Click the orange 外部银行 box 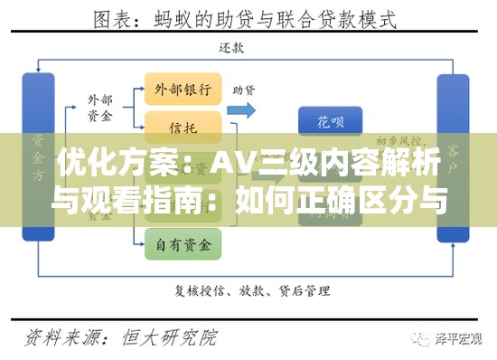183,90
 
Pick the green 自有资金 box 183,242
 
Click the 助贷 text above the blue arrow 244,90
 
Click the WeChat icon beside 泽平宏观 420,337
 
